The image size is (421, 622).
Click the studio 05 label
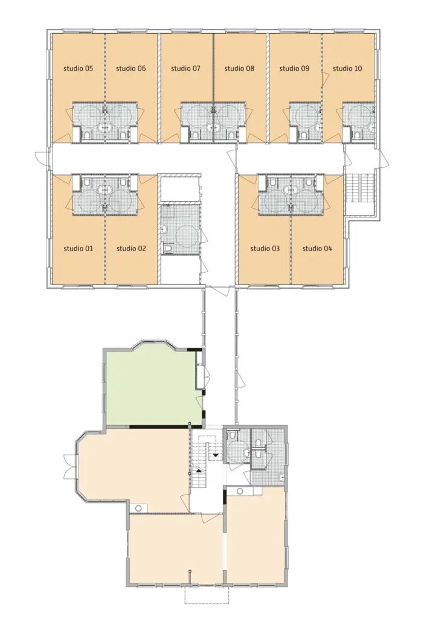coord(78,68)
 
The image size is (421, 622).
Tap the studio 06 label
coord(131,68)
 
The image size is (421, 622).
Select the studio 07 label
coord(185,68)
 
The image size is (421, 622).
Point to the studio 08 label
coord(239,68)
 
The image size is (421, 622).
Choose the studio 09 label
coord(294,68)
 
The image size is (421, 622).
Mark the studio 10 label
coord(347,68)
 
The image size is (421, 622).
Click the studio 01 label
coord(78,248)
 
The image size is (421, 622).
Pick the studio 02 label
coord(131,248)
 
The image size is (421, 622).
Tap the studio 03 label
coord(265,248)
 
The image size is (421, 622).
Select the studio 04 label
coord(317,248)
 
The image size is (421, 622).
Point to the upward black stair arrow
coord(197,470)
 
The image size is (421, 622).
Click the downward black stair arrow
coord(216,455)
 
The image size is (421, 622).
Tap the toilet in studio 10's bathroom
coord(358,135)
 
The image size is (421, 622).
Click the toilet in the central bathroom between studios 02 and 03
coord(168,249)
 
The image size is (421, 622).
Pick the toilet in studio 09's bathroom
coord(304,135)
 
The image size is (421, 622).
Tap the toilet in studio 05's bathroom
coord(88,135)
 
